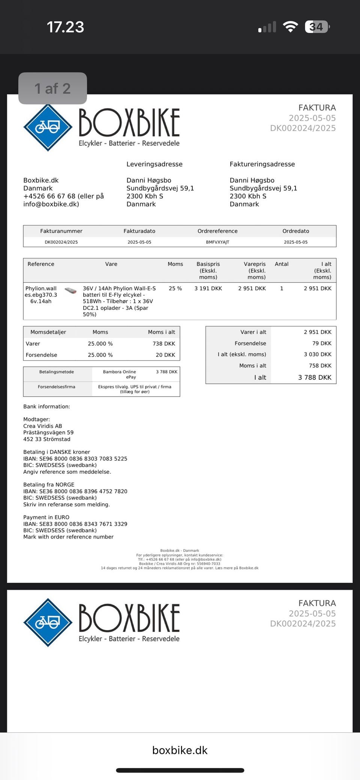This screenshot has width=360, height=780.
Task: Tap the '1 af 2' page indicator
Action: [x=52, y=88]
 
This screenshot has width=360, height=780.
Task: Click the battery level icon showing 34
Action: [x=317, y=27]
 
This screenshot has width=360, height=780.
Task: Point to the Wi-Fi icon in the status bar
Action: [x=290, y=27]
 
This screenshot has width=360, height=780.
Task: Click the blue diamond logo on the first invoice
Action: [x=48, y=127]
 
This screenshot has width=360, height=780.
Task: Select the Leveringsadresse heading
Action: [x=154, y=164]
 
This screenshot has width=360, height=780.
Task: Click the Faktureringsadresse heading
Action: [x=262, y=164]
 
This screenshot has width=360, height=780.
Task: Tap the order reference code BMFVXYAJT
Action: [x=217, y=242]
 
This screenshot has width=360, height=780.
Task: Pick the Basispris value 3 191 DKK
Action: [x=208, y=289]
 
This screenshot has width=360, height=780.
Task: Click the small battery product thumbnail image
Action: [x=70, y=290]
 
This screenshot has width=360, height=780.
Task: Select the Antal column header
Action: [x=282, y=264]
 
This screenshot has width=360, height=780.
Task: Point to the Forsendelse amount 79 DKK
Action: [x=322, y=343]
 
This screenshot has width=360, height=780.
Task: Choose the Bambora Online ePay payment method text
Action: [x=120, y=374]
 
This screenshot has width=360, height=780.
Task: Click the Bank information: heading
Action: [x=46, y=407]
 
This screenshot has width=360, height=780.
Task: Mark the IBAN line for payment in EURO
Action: [x=75, y=524]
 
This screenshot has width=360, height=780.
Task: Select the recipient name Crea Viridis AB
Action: [x=43, y=426]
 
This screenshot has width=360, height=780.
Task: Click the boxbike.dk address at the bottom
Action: [x=180, y=750]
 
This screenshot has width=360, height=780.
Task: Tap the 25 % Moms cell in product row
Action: [x=175, y=289]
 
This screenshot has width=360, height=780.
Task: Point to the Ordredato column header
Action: [x=295, y=231]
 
